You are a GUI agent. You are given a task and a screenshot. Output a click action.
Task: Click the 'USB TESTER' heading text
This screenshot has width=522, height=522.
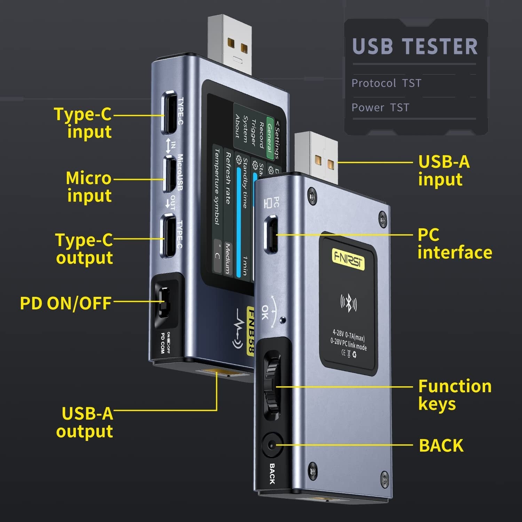pyautogui.click(x=415, y=47)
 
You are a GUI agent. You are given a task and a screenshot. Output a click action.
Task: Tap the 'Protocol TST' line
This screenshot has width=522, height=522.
pyautogui.click(x=386, y=83)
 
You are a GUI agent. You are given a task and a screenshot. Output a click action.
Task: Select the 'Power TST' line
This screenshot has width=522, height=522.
pyautogui.click(x=380, y=108)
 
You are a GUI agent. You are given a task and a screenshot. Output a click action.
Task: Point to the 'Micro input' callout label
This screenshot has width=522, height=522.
pyautogui.click(x=89, y=187)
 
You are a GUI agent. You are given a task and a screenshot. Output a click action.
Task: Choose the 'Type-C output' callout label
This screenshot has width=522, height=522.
pyautogui.click(x=84, y=248)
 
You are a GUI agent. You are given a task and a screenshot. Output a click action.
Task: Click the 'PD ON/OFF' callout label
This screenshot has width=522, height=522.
pyautogui.click(x=65, y=303)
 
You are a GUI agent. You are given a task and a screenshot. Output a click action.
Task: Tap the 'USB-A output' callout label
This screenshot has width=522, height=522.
pyautogui.click(x=85, y=422)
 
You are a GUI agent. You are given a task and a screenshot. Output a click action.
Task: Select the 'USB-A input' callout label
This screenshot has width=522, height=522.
pyautogui.click(x=444, y=170)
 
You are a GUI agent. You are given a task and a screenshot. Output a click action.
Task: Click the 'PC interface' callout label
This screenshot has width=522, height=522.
pyautogui.click(x=454, y=244)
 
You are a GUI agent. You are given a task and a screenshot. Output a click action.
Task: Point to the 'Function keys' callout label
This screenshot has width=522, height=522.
pyautogui.click(x=454, y=395)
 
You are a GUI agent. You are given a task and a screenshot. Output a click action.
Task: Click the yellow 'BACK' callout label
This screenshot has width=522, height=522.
pyautogui.click(x=441, y=445)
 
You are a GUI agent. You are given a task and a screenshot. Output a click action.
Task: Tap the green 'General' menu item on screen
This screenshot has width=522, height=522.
pyautogui.click(x=269, y=138)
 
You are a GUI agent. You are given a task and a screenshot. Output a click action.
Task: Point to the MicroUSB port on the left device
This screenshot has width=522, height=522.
pyautogui.click(x=169, y=174)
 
